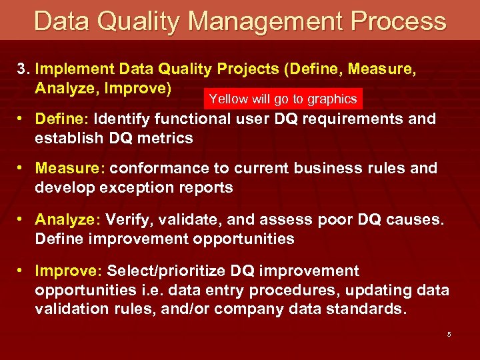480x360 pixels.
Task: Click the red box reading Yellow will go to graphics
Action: click(283, 99)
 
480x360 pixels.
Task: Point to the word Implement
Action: click(77, 69)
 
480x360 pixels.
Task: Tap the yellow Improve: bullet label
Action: click(67, 271)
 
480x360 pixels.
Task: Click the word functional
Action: click(191, 120)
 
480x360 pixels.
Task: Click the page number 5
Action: click(449, 334)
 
